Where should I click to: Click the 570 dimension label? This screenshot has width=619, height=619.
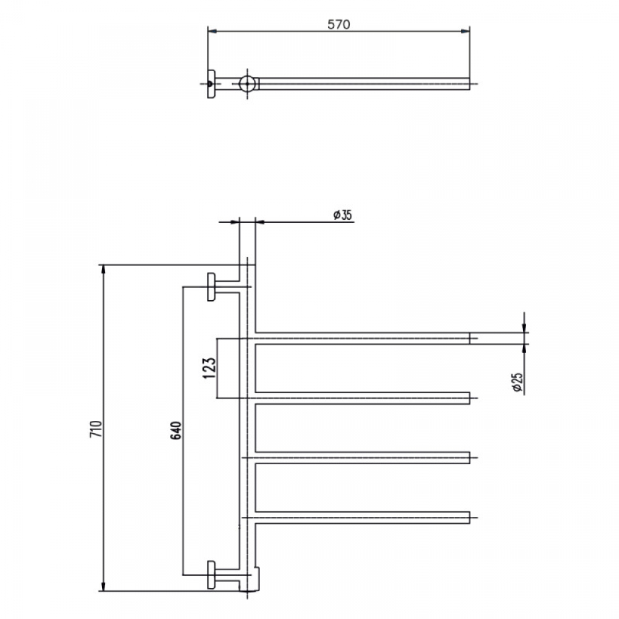coord(339,25)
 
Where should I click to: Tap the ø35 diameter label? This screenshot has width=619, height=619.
coord(342,215)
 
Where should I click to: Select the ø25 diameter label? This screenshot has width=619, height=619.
coord(517,383)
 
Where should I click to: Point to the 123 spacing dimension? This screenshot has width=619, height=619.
coord(210,368)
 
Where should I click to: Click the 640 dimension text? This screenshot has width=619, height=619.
coord(176,430)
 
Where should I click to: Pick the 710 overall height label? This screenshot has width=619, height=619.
coord(96,429)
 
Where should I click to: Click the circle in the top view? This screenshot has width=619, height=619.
coord(247,84)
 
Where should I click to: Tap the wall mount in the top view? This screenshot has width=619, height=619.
coord(211,84)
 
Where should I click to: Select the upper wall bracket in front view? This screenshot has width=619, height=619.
coord(212,287)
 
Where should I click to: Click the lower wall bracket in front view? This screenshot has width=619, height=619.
coord(212,575)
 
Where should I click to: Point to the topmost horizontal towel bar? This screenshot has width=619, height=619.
coord(362,339)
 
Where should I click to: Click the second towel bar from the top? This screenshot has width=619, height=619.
coord(362,398)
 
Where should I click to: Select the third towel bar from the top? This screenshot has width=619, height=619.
coord(362,458)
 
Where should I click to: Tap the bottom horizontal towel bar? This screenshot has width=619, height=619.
coord(362,517)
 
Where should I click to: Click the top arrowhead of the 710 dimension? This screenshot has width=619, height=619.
coord(103,269)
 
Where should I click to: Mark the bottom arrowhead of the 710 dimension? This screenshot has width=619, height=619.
coord(103,587)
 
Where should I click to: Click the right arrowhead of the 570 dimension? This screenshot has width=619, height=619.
coord(465,31)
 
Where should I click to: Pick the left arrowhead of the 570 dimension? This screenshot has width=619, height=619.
coord(213,31)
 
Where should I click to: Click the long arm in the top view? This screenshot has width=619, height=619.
coord(364,84)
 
